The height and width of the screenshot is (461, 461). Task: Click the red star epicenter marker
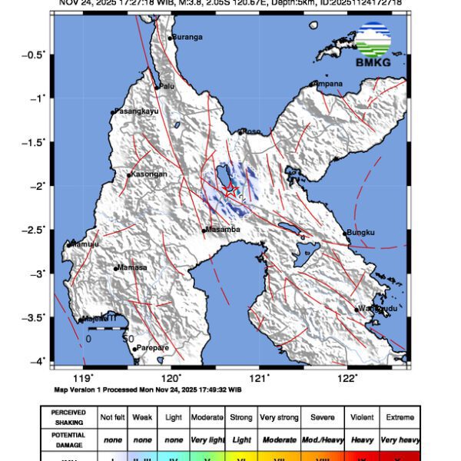tap(230, 189)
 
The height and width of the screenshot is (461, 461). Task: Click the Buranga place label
tap(187, 37)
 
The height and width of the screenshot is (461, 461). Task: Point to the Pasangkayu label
tap(136, 111)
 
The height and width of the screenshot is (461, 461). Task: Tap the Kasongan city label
tap(149, 174)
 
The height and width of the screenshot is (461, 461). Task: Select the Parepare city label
tap(153, 348)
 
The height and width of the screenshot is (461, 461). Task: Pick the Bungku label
tap(360, 233)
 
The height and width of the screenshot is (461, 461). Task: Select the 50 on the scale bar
tap(128, 338)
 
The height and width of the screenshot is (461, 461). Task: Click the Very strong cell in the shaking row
tap(278, 417)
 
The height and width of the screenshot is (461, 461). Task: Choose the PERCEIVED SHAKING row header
tap(68, 417)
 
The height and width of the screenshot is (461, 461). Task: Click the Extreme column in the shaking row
tap(399, 417)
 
